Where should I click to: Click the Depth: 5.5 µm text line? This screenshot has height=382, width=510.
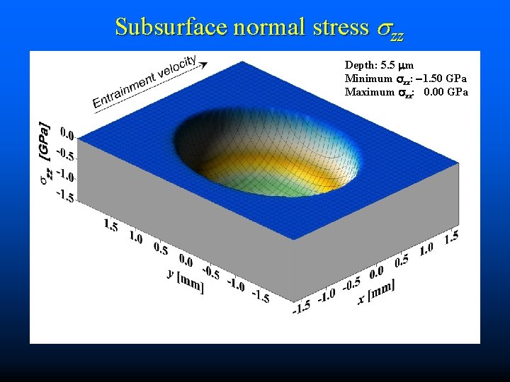[x=379, y=65]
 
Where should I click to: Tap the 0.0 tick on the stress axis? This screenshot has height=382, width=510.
[x=67, y=133]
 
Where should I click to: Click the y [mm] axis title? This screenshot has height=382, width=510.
[x=186, y=279]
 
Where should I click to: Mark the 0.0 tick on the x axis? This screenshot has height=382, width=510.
[x=375, y=271]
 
